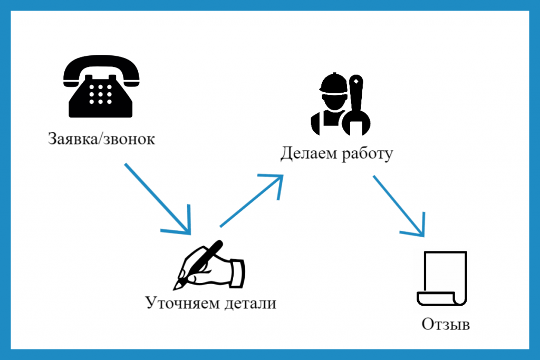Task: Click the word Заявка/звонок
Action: tap(101, 140)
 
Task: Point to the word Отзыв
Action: tap(446, 324)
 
